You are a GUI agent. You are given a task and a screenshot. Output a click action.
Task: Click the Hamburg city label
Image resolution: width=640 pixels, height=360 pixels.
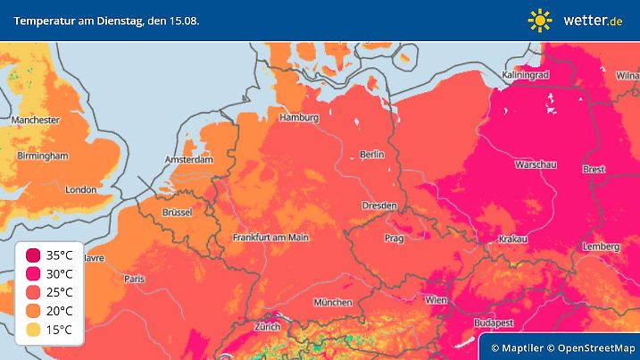tap(299, 118)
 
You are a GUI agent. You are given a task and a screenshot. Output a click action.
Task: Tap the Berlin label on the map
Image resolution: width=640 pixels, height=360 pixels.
tap(371, 155)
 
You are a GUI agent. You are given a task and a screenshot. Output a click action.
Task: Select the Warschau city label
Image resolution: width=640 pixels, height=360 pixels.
tap(536, 165)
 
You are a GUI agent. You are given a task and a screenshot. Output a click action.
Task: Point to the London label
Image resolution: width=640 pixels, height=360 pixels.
tap(80, 189)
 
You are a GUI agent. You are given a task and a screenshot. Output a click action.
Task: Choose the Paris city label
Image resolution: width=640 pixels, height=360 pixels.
tap(135, 279)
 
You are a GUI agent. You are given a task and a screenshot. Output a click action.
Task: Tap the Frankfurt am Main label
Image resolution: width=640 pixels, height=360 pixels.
tap(270, 238)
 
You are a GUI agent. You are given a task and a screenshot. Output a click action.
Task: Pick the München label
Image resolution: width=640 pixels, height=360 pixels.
tap(332, 302)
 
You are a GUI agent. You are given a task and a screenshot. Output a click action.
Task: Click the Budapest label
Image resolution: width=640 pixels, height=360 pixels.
tap(492, 321)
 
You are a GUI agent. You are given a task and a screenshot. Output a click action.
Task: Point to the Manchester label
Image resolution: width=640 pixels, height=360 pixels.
tap(35, 120)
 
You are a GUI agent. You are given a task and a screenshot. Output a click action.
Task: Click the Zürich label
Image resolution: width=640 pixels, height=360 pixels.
tap(268, 327)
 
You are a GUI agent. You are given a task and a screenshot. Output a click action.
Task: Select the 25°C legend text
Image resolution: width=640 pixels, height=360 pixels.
tap(59, 293)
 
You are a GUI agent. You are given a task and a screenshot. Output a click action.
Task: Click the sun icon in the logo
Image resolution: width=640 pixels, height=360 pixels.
tap(540, 20)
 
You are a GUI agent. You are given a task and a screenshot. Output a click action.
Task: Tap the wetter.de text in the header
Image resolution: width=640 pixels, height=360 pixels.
tap(593, 20)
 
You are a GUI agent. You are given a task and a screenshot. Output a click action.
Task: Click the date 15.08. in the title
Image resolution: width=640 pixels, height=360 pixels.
tap(181, 20)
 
